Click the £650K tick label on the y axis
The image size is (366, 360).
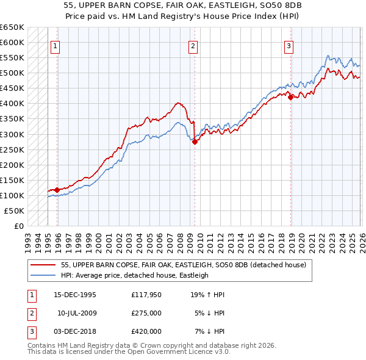coord(12,27)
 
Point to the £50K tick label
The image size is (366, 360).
coord(15,211)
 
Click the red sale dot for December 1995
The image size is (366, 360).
coord(57,190)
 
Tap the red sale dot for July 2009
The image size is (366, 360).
coord(195,142)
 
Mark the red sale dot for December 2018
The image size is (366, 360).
coord(291,97)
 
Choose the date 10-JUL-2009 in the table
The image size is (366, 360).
coord(77,313)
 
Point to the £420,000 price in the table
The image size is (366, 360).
coord(146,331)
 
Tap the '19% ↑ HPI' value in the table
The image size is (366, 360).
coord(207,295)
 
